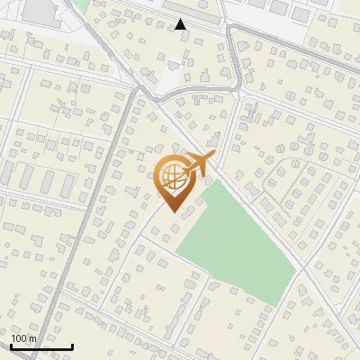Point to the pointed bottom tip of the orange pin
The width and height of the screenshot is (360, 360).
click(171, 212)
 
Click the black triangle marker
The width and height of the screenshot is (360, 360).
click(181, 24)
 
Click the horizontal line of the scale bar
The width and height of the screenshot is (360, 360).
click(41, 346)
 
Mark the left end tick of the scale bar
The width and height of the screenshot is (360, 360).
click(11, 345)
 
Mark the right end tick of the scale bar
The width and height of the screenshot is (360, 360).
click(72, 345)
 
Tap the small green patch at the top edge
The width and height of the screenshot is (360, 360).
click(80, 4)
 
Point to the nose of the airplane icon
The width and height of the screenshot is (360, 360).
click(212, 157)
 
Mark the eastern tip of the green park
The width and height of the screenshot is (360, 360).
click(296, 266)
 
